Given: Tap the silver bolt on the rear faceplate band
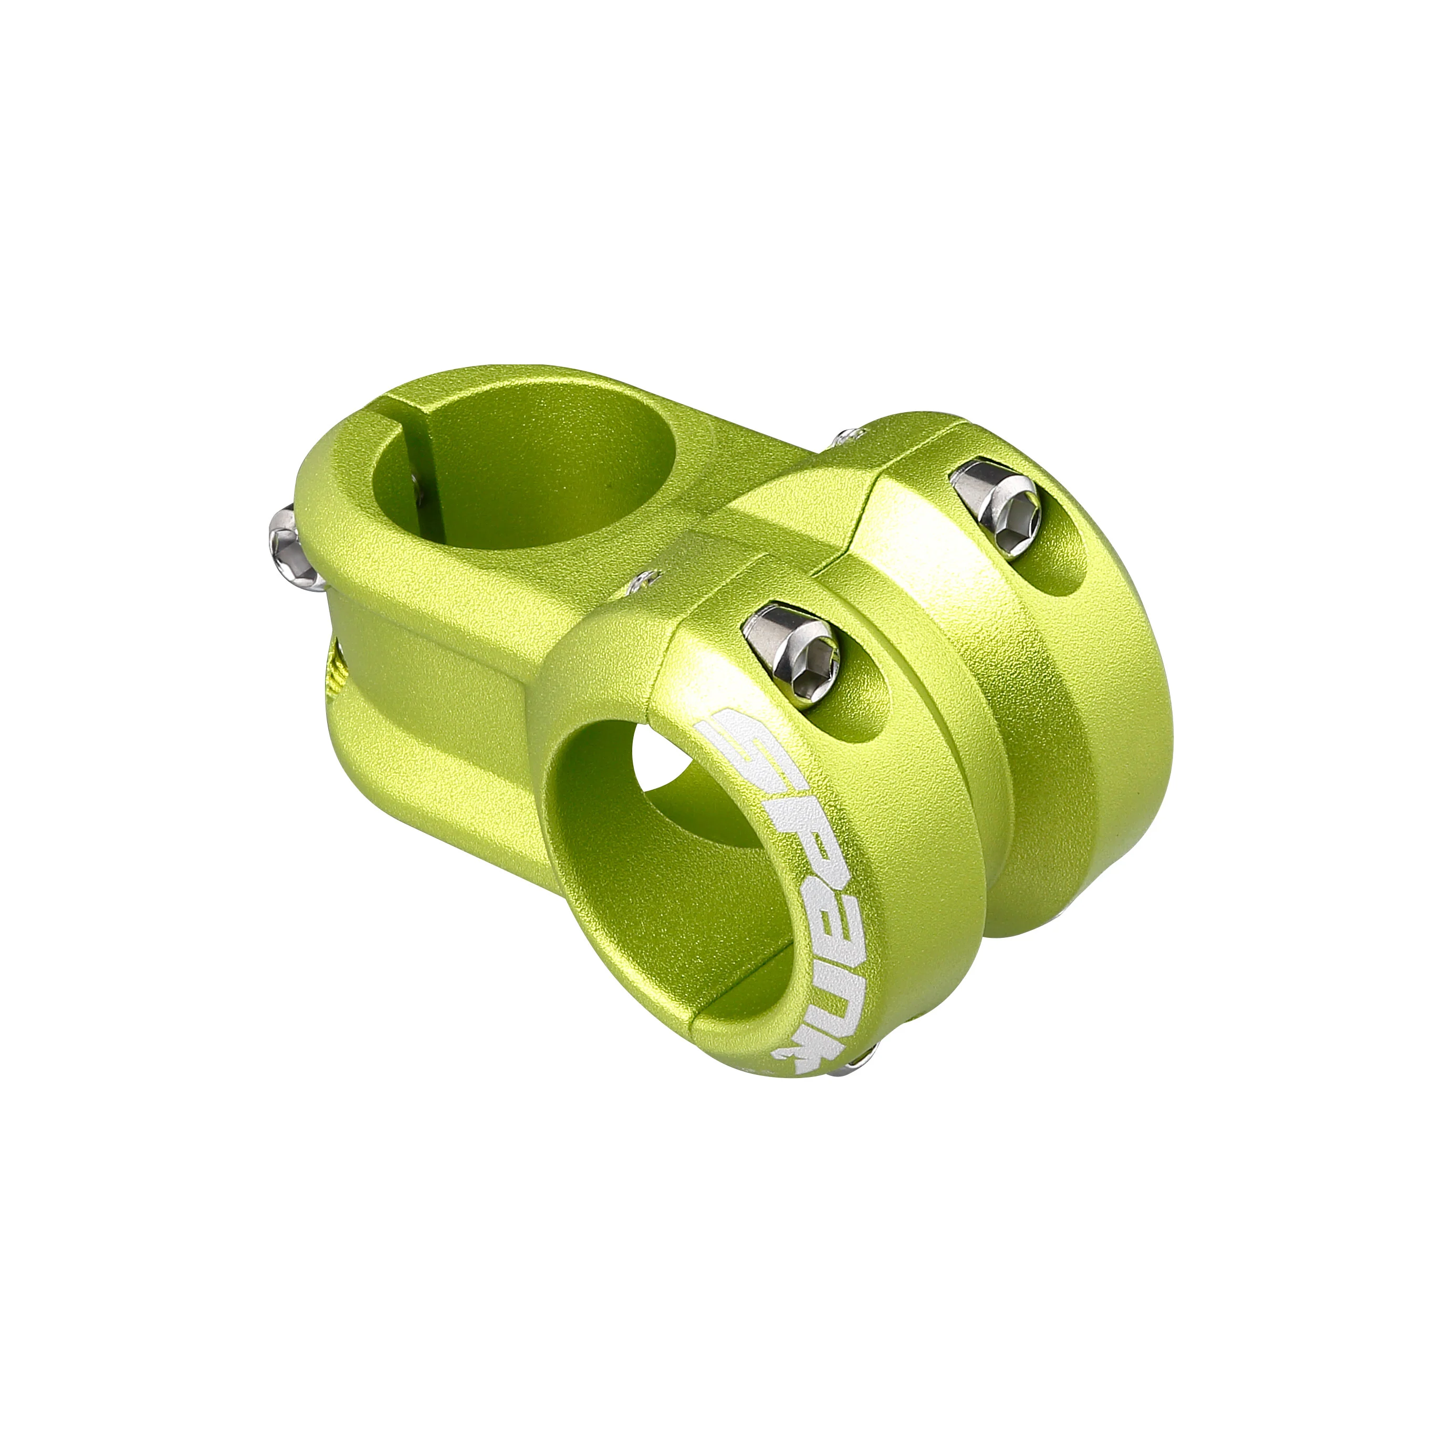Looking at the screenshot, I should [x=996, y=506].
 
